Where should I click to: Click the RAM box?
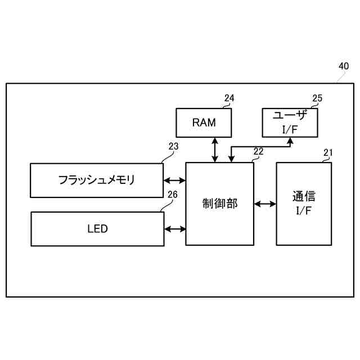(204, 123)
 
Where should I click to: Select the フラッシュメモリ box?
(97, 180)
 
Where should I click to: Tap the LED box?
(97, 229)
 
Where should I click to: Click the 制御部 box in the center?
(219, 204)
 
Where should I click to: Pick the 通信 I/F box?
(304, 204)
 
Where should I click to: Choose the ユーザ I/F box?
(290, 122)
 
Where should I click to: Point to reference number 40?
(343, 66)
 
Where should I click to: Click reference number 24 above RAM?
(229, 98)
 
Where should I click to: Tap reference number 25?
(317, 98)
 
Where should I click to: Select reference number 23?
(173, 147)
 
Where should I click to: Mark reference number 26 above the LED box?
(173, 195)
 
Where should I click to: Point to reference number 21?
(328, 152)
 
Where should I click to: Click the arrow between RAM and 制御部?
(214, 150)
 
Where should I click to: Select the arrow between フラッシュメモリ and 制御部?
(174, 181)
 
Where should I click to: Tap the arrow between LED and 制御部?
(174, 229)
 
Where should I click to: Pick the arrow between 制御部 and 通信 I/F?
(264, 204)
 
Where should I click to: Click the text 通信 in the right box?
(304, 197)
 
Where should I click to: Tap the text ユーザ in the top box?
(290, 115)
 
